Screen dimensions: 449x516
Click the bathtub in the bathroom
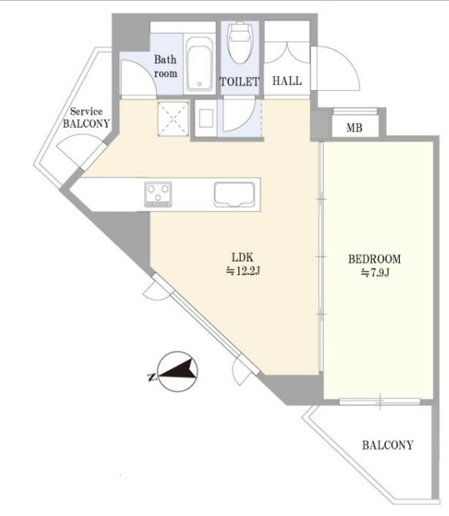[x=199, y=64]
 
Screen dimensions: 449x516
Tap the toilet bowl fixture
[x=240, y=43]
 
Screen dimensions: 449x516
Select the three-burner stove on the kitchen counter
[x=158, y=194]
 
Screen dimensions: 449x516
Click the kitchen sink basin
[x=234, y=194]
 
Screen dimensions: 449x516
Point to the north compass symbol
[x=177, y=371]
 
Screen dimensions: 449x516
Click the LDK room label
[x=242, y=257]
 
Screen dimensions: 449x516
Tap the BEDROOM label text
[x=374, y=259]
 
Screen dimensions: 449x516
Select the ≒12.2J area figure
[x=243, y=271]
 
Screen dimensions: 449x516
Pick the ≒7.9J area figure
[x=375, y=273]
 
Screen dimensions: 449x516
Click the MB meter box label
[x=354, y=128]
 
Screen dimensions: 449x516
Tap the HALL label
[x=287, y=81]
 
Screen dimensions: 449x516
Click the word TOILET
[x=239, y=82]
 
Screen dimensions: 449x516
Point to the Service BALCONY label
[x=86, y=118]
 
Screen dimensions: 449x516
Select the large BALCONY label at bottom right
[x=387, y=445]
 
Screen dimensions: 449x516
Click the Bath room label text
[x=165, y=66]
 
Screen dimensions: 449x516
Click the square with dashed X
[x=173, y=118]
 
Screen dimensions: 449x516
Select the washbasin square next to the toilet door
[x=206, y=118]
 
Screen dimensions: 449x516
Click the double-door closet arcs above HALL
[x=288, y=52]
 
